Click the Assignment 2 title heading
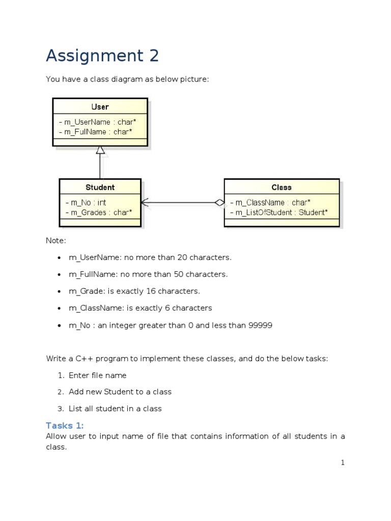[x=102, y=55]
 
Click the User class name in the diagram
[x=100, y=107]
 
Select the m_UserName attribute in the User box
[x=97, y=122]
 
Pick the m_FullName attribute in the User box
[x=95, y=132]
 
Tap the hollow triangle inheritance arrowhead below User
[x=100, y=150]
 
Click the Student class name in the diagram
[x=100, y=187]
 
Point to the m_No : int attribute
[x=86, y=202]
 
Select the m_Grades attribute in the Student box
[x=99, y=212]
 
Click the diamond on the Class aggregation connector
[x=219, y=202]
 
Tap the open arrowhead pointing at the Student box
[x=145, y=202]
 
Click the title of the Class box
[x=282, y=187]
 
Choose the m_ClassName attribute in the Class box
[x=270, y=202]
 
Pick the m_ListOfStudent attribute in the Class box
[x=279, y=212]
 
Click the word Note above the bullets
[x=56, y=241]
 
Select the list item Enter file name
[x=97, y=375]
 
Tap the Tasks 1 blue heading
[x=65, y=426]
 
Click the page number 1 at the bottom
[x=343, y=462]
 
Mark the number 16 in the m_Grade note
[x=151, y=291]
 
